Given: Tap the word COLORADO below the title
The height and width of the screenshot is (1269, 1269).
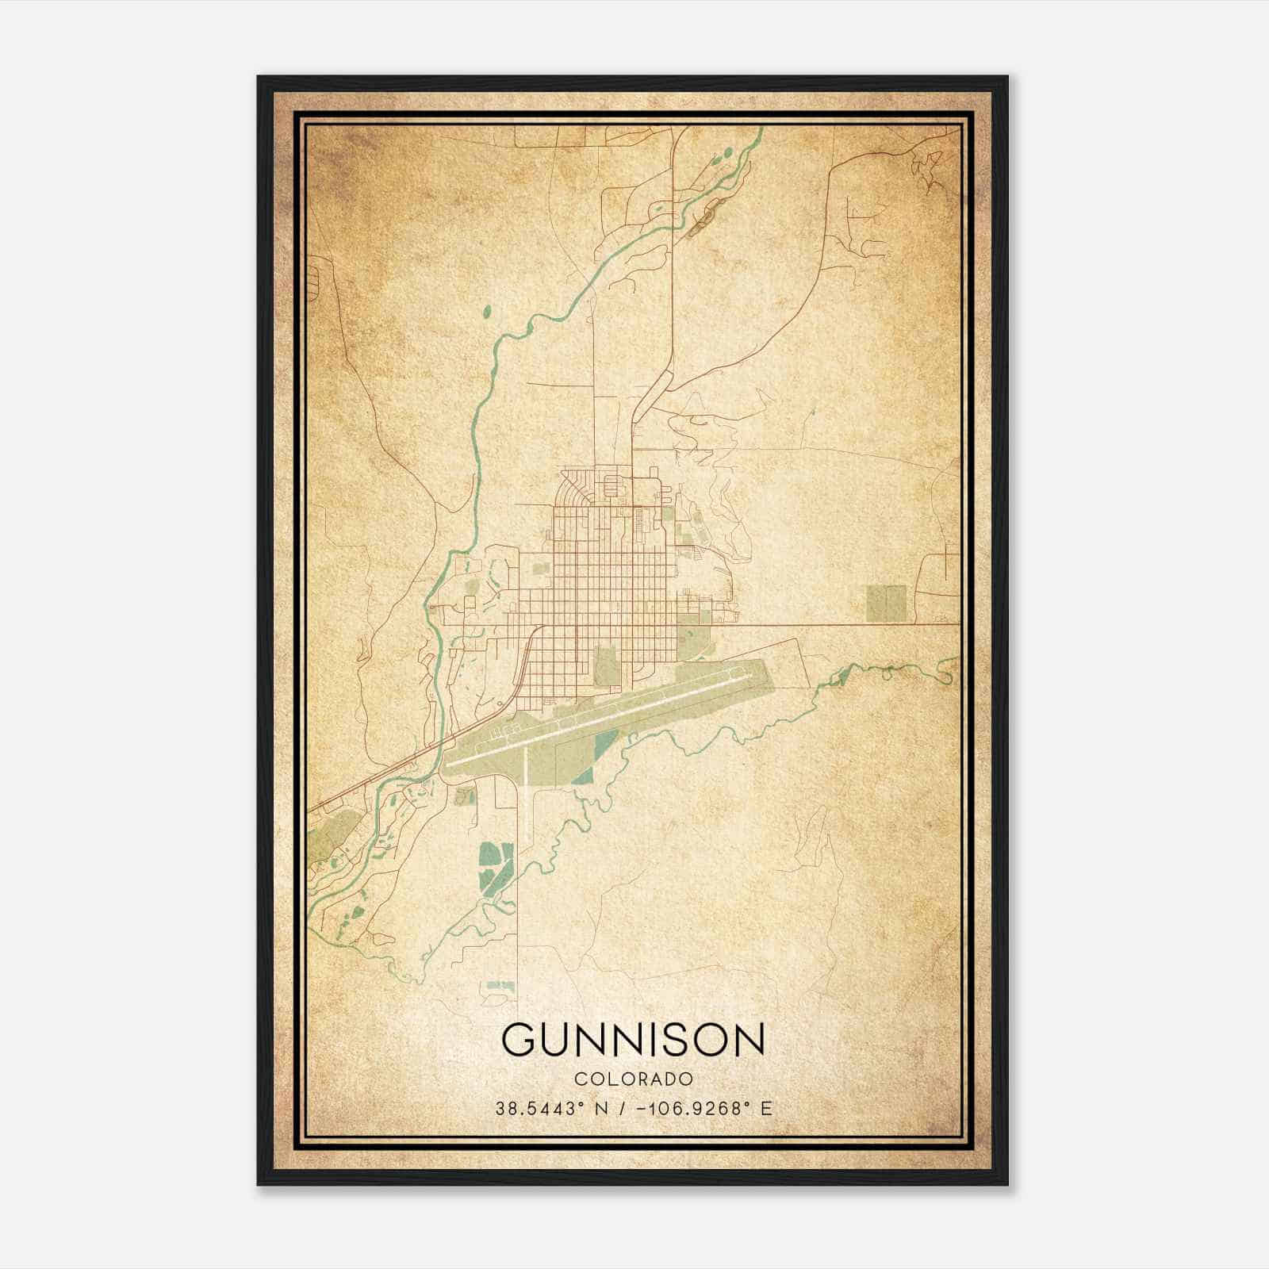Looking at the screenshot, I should click(x=634, y=1079).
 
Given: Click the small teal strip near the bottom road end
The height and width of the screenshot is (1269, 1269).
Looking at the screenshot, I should click(x=500, y=985).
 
